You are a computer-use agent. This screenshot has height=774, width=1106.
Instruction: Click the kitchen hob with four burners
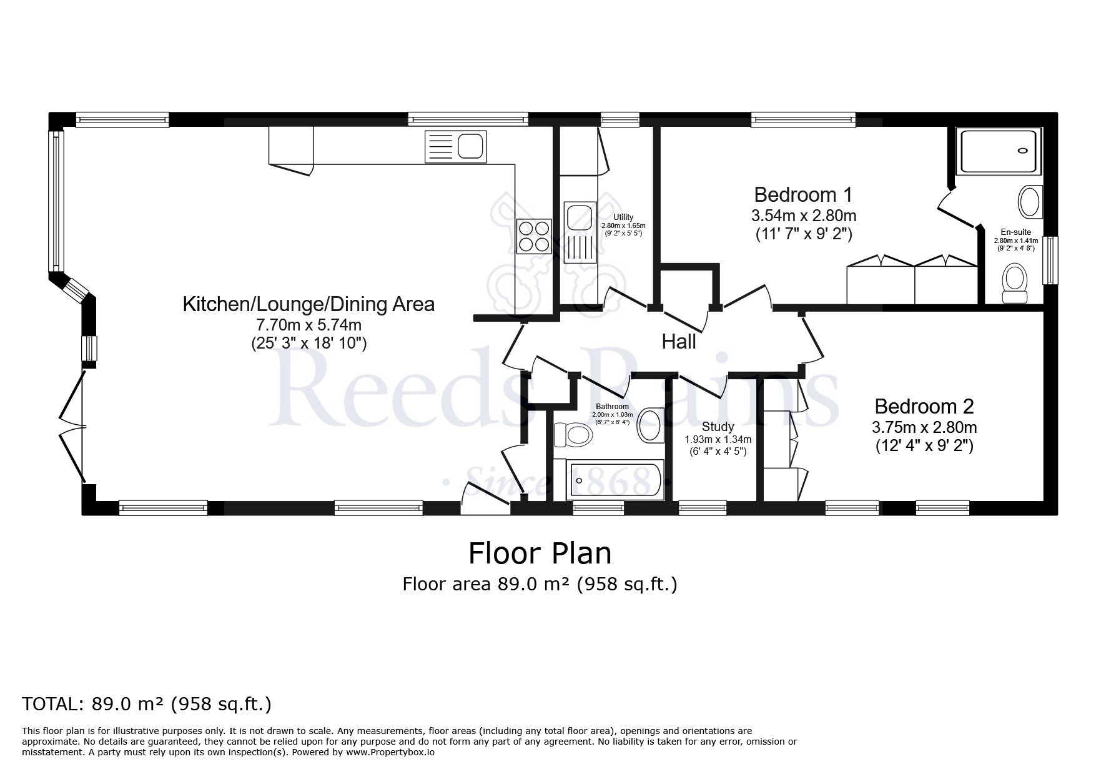pos(534,236)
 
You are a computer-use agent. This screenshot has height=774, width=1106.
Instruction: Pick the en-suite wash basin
pos(1030,202)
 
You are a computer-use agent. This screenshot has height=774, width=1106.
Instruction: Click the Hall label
pos(679,342)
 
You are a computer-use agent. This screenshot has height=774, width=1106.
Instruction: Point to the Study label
pos(718,427)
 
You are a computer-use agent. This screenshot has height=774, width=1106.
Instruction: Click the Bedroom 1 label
pos(803,194)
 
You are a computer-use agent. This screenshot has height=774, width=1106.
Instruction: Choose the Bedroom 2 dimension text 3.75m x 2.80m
pos(924,428)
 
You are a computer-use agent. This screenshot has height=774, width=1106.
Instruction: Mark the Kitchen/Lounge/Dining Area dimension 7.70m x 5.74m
pos(309,325)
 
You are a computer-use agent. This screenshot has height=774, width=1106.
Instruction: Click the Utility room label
pos(623,217)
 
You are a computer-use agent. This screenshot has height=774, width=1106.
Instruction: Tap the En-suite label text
pos(1017,232)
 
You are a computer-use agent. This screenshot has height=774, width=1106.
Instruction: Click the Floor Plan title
pos(540,553)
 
